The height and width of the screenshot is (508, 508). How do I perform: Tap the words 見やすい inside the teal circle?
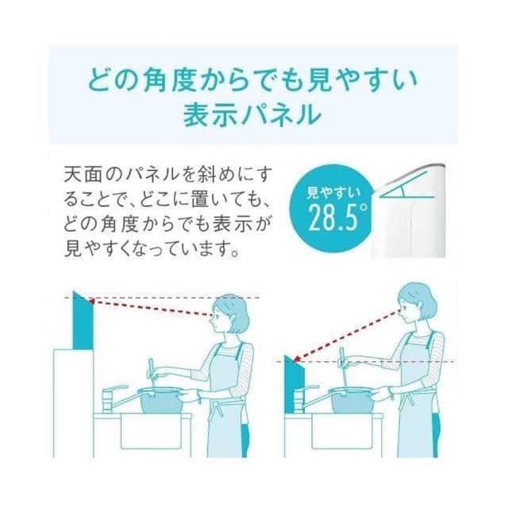click(333, 193)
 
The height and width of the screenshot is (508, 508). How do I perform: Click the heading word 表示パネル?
click(252, 114)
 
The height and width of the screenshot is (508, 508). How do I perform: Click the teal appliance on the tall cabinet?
click(83, 321)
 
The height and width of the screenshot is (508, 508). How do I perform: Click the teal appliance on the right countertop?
click(294, 384)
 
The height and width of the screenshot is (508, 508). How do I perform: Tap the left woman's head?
click(229, 314)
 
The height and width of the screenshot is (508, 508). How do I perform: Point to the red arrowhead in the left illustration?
click(91, 302)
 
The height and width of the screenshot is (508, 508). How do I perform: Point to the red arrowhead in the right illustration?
click(297, 359)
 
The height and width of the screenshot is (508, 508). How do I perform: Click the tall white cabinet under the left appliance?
click(74, 403)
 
